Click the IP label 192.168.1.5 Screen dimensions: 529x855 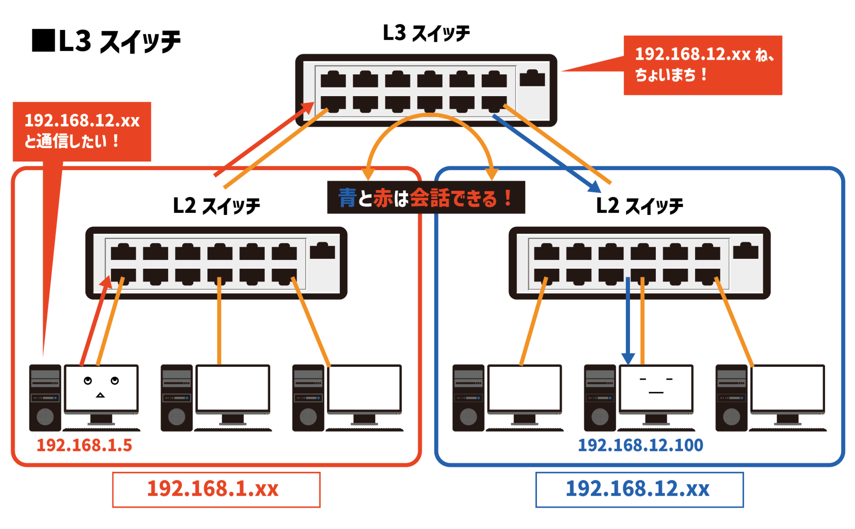[84, 445]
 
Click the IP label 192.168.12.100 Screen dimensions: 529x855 [640, 445]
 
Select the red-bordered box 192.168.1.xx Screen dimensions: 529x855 [216, 489]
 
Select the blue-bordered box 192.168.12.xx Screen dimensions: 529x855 [639, 489]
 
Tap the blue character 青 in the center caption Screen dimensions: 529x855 [347, 198]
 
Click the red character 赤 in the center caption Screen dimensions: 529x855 [383, 198]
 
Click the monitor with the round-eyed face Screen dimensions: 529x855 [101, 388]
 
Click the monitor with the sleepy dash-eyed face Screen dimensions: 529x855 [656, 388]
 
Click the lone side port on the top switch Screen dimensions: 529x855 [532, 78]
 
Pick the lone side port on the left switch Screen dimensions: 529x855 [322, 251]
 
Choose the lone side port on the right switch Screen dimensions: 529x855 [745, 251]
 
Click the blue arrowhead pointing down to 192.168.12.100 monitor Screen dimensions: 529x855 [628, 358]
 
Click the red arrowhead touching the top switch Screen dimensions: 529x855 [309, 108]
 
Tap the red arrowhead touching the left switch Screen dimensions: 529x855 [106, 282]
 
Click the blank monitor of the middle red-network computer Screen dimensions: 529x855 [233, 388]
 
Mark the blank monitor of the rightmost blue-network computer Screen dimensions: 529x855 [787, 388]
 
